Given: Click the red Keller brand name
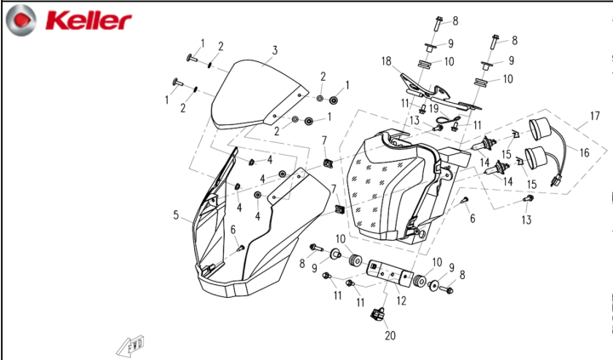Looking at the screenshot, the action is click(x=89, y=20).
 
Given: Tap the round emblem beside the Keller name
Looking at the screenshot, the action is click(x=21, y=20).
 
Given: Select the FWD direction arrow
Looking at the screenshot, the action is click(x=130, y=346).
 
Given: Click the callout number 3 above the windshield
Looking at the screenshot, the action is click(x=275, y=50).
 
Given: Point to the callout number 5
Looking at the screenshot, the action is click(x=176, y=215).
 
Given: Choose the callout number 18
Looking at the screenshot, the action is click(x=387, y=61).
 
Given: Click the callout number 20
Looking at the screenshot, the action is click(x=390, y=335).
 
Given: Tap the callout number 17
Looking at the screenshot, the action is click(x=594, y=116).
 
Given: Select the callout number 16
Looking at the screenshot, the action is click(x=584, y=152).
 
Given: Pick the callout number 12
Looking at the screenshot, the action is click(x=401, y=300).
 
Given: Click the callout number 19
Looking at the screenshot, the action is click(x=433, y=108).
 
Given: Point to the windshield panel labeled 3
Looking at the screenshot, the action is click(x=258, y=94).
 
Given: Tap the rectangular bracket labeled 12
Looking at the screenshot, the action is click(x=390, y=272).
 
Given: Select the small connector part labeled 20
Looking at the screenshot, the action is click(x=377, y=313).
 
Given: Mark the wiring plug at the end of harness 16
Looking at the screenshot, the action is click(x=554, y=181).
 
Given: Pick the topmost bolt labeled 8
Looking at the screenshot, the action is click(x=438, y=24).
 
